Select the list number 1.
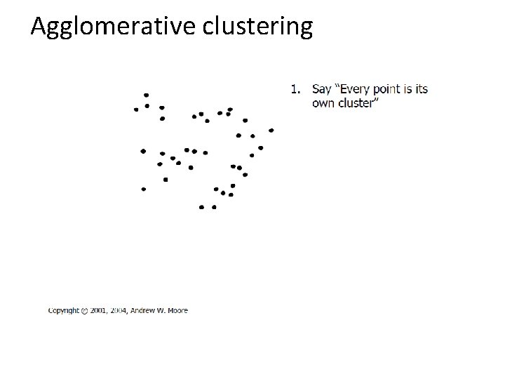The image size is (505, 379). coord(296,89)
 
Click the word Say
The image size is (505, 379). coord(321,89)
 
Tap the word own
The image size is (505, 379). coord(323,102)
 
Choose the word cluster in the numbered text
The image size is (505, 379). coord(358,102)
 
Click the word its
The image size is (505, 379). coord(421,89)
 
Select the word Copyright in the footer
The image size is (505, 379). coord(63,310)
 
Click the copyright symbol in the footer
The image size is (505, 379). coord(85,310)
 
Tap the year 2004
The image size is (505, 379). coord(122,310)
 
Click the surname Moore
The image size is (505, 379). coord(178,310)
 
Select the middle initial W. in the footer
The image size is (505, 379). coord(163,310)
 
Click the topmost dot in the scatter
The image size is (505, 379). coord(146,95)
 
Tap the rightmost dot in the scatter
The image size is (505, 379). coord(271,130)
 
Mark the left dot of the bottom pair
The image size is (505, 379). coord(201,207)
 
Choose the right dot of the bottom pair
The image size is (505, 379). coord(214,207)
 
